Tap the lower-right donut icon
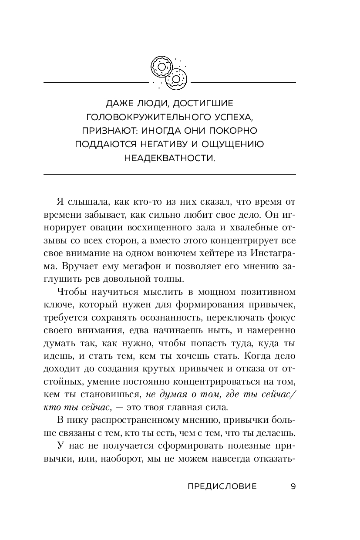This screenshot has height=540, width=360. coord(176,80)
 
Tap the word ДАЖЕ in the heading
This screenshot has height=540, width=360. coord(118,103)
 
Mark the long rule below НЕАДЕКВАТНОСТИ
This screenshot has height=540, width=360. coord(170,175)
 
